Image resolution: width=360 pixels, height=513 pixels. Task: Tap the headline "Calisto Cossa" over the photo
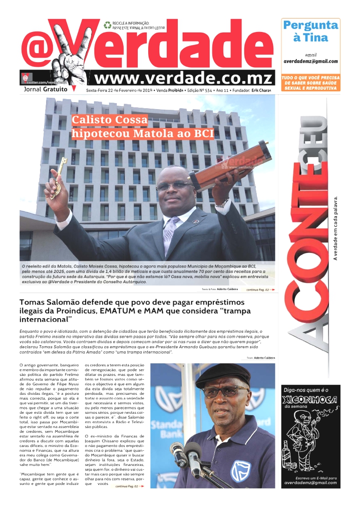(110, 120)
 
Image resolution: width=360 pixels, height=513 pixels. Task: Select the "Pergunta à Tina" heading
(310, 31)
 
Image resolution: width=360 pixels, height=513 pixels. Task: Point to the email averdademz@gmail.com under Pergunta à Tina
(310, 62)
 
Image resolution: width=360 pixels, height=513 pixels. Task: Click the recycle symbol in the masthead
(108, 25)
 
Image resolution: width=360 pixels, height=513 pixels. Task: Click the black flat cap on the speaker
(223, 374)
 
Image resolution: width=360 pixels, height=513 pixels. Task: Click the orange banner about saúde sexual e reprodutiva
(310, 83)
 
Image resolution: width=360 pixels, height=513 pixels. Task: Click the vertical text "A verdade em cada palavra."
(336, 228)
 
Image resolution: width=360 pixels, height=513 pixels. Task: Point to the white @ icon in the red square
(26, 78)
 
